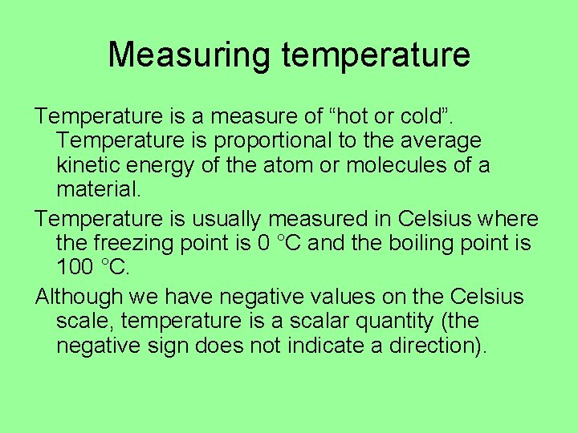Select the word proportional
pyautogui.click(x=270, y=141)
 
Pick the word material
pyautogui.click(x=99, y=191)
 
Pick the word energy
pyautogui.click(x=161, y=166)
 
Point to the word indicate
pyautogui.click(x=309, y=347)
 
